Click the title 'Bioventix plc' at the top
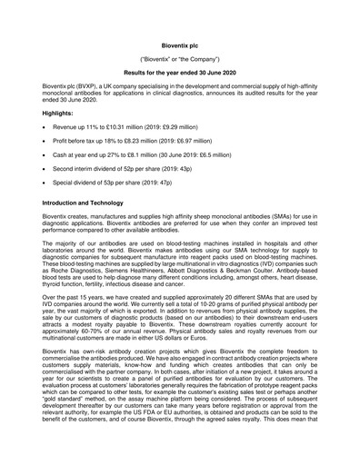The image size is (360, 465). pos(180,43)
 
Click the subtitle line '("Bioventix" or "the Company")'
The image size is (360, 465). pos(180,56)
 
